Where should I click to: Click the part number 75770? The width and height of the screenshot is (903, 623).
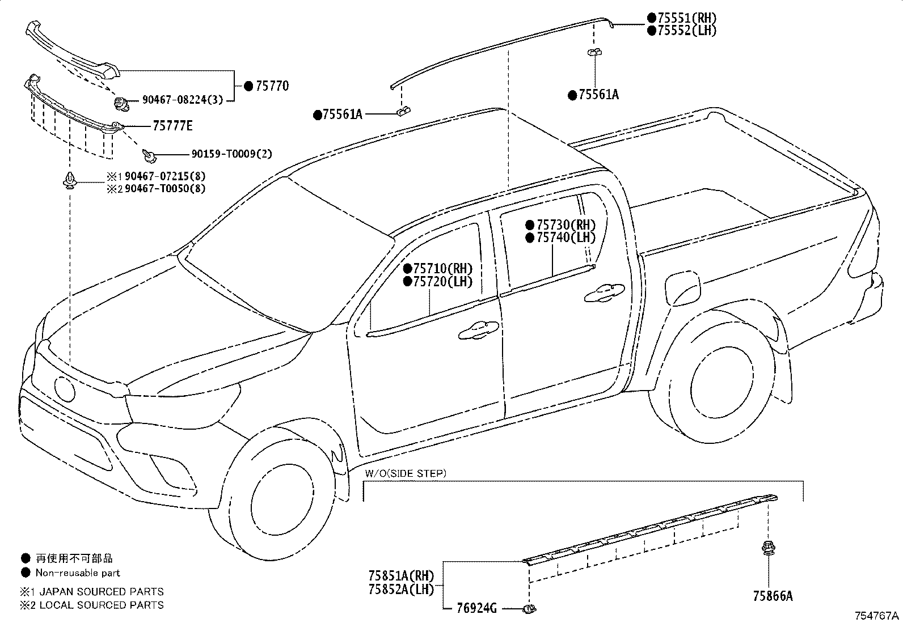(x=272, y=86)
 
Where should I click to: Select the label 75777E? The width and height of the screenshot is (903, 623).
(x=172, y=126)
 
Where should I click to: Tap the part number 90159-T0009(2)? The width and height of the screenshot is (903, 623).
(x=232, y=154)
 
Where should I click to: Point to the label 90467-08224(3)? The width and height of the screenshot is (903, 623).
(x=183, y=100)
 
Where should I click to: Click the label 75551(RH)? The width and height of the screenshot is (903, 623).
(x=687, y=18)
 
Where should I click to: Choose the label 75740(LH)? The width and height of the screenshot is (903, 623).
(x=566, y=238)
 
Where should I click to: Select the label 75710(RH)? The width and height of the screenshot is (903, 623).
(x=443, y=268)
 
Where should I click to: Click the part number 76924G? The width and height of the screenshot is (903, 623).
(x=476, y=608)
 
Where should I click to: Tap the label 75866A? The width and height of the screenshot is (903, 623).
(x=773, y=596)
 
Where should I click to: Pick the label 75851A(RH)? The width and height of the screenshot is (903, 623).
(x=401, y=575)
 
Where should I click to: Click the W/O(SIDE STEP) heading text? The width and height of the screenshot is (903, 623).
(x=406, y=473)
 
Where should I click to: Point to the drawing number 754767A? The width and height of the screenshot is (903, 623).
(x=877, y=616)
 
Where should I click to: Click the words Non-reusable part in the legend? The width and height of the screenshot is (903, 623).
(x=78, y=573)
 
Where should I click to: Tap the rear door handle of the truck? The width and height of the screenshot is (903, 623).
(x=604, y=293)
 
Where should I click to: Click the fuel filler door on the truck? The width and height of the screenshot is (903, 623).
(x=682, y=289)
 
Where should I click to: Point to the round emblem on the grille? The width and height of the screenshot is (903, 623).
(x=65, y=389)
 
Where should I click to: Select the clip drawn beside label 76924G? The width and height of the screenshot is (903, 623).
(x=529, y=609)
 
